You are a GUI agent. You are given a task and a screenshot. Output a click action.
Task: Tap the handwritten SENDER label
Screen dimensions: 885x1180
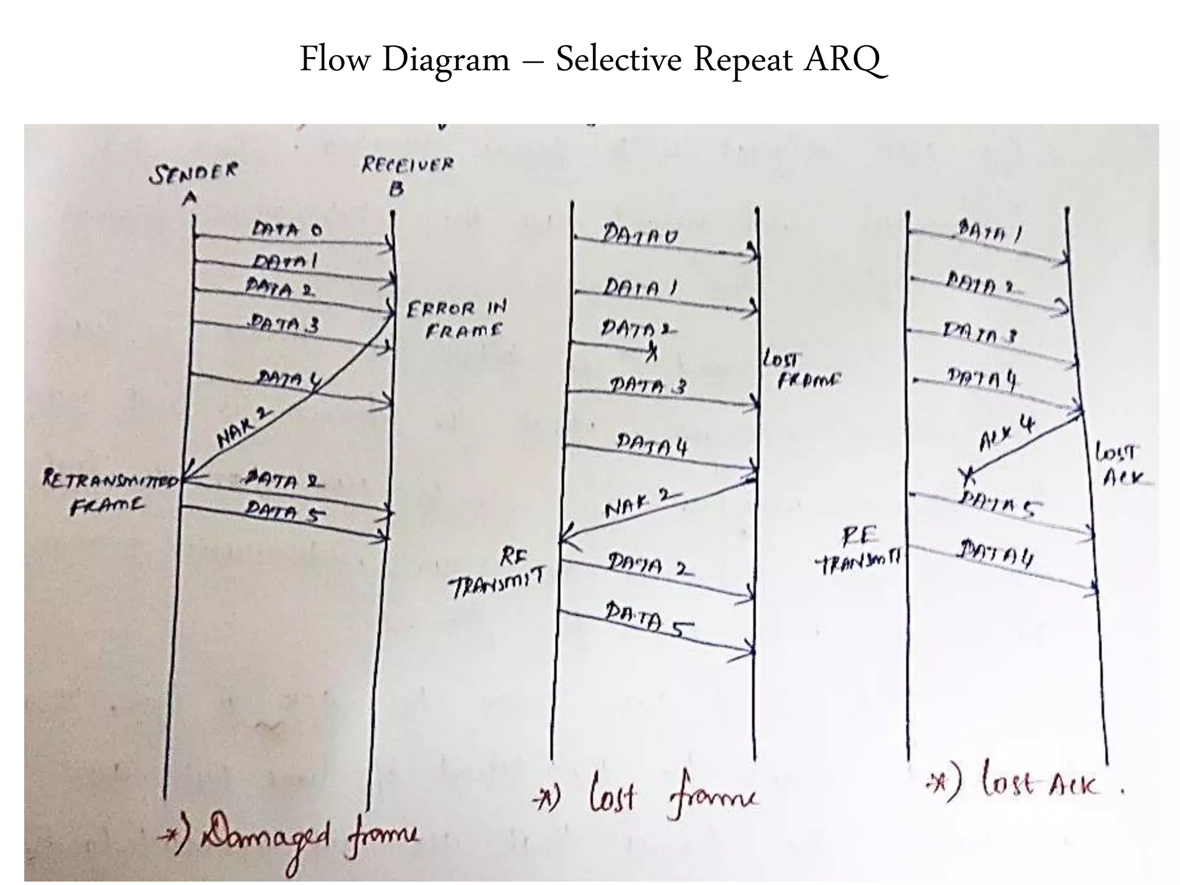(x=194, y=173)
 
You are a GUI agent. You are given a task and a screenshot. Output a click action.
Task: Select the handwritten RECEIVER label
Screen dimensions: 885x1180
(x=407, y=166)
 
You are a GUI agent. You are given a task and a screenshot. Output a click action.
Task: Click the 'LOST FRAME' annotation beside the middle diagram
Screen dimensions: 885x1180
(x=801, y=370)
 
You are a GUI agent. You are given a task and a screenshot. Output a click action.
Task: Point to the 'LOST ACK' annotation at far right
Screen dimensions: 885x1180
(x=1118, y=464)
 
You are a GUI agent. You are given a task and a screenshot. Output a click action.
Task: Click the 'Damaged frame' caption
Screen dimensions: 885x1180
(x=288, y=838)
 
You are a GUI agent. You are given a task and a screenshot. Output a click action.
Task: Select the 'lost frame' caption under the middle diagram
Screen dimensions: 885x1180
(x=645, y=798)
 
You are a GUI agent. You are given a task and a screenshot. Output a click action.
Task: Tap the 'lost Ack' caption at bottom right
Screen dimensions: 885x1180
(x=1026, y=784)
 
